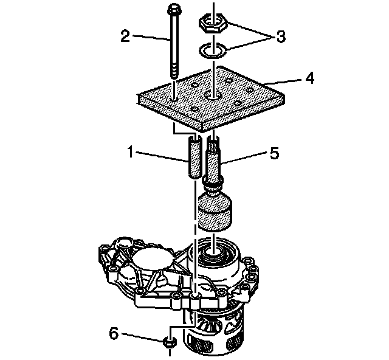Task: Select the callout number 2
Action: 126,36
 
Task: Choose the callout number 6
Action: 114,333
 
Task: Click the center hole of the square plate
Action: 212,95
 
